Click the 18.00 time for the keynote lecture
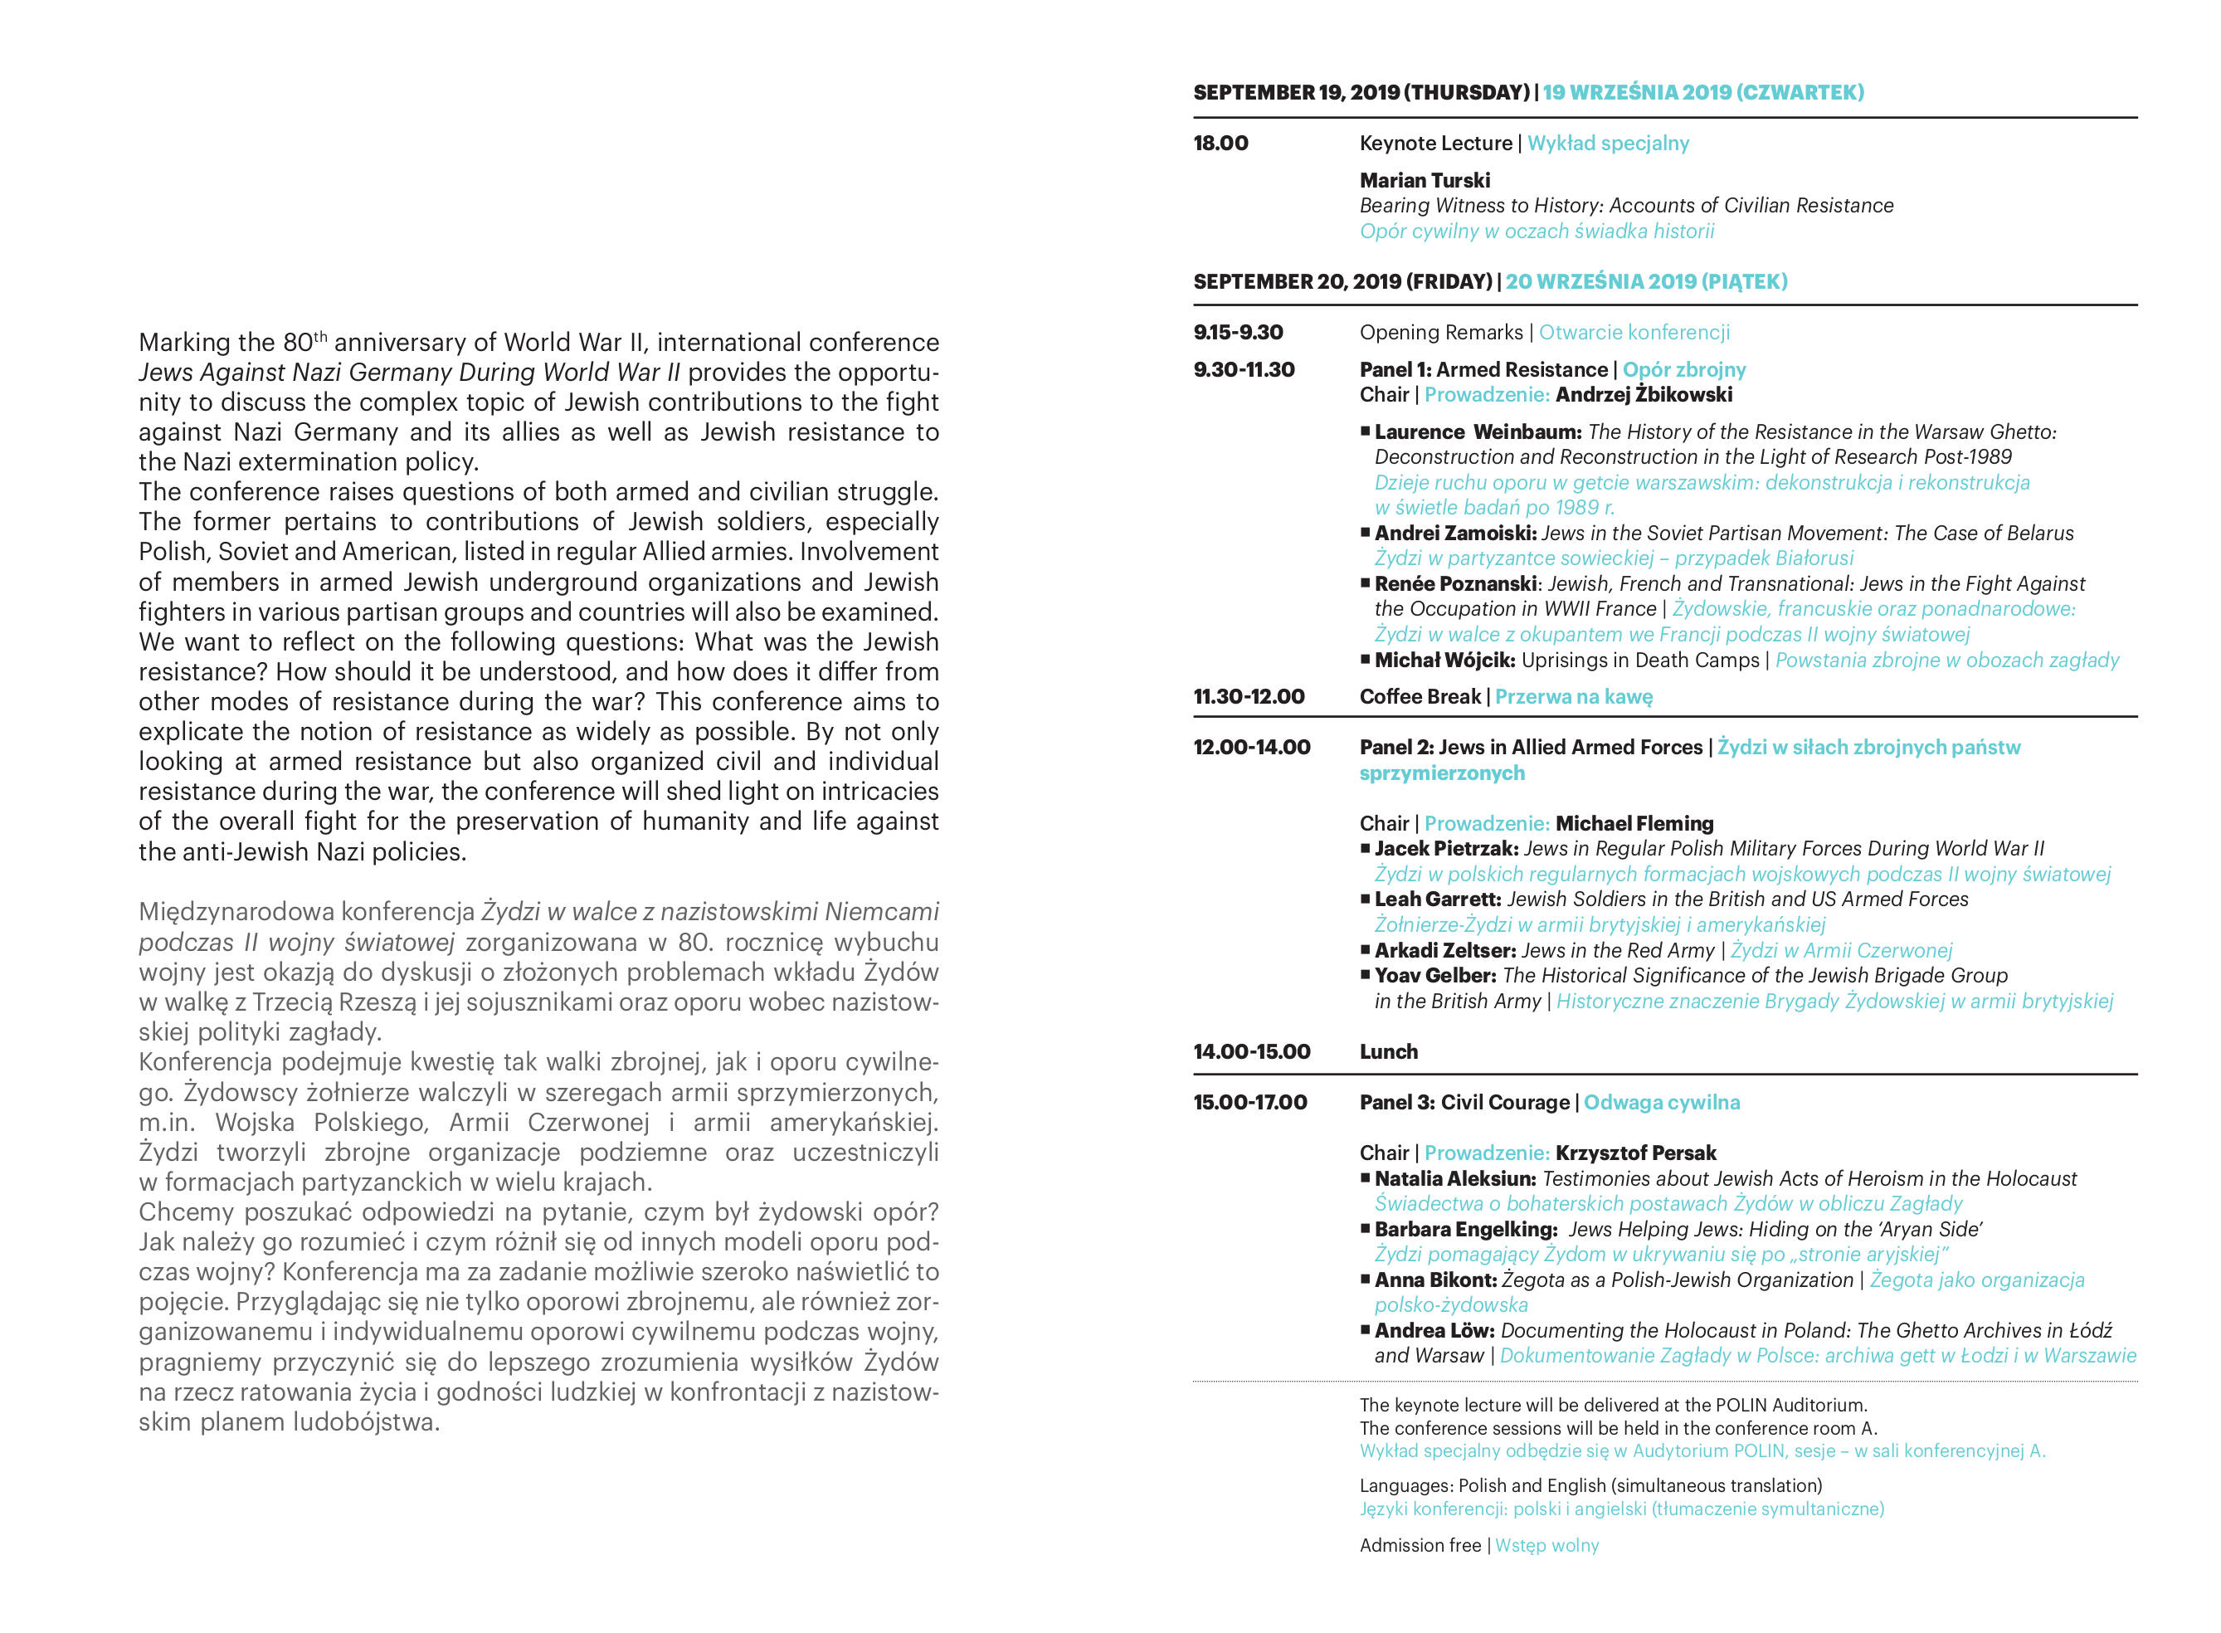pyautogui.click(x=1220, y=144)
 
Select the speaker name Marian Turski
pyautogui.click(x=1425, y=180)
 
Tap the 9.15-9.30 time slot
pyautogui.click(x=1238, y=332)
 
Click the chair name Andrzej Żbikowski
pyautogui.click(x=1644, y=394)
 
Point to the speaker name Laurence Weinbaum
pyautogui.click(x=1478, y=432)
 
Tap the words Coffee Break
pyautogui.click(x=1420, y=697)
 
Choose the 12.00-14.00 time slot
pyautogui.click(x=1251, y=748)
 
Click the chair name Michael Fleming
pyautogui.click(x=1635, y=823)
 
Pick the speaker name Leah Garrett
pyautogui.click(x=1438, y=899)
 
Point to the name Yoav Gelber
pyautogui.click(x=1435, y=976)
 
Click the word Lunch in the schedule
pyautogui.click(x=1388, y=1052)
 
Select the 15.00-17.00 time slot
pyautogui.click(x=1249, y=1102)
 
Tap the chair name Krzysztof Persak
pyautogui.click(x=1636, y=1153)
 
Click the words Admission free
pyautogui.click(x=1420, y=1545)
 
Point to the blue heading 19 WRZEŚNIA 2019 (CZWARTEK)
pyautogui.click(x=1703, y=93)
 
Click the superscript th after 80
pyautogui.click(x=320, y=336)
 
